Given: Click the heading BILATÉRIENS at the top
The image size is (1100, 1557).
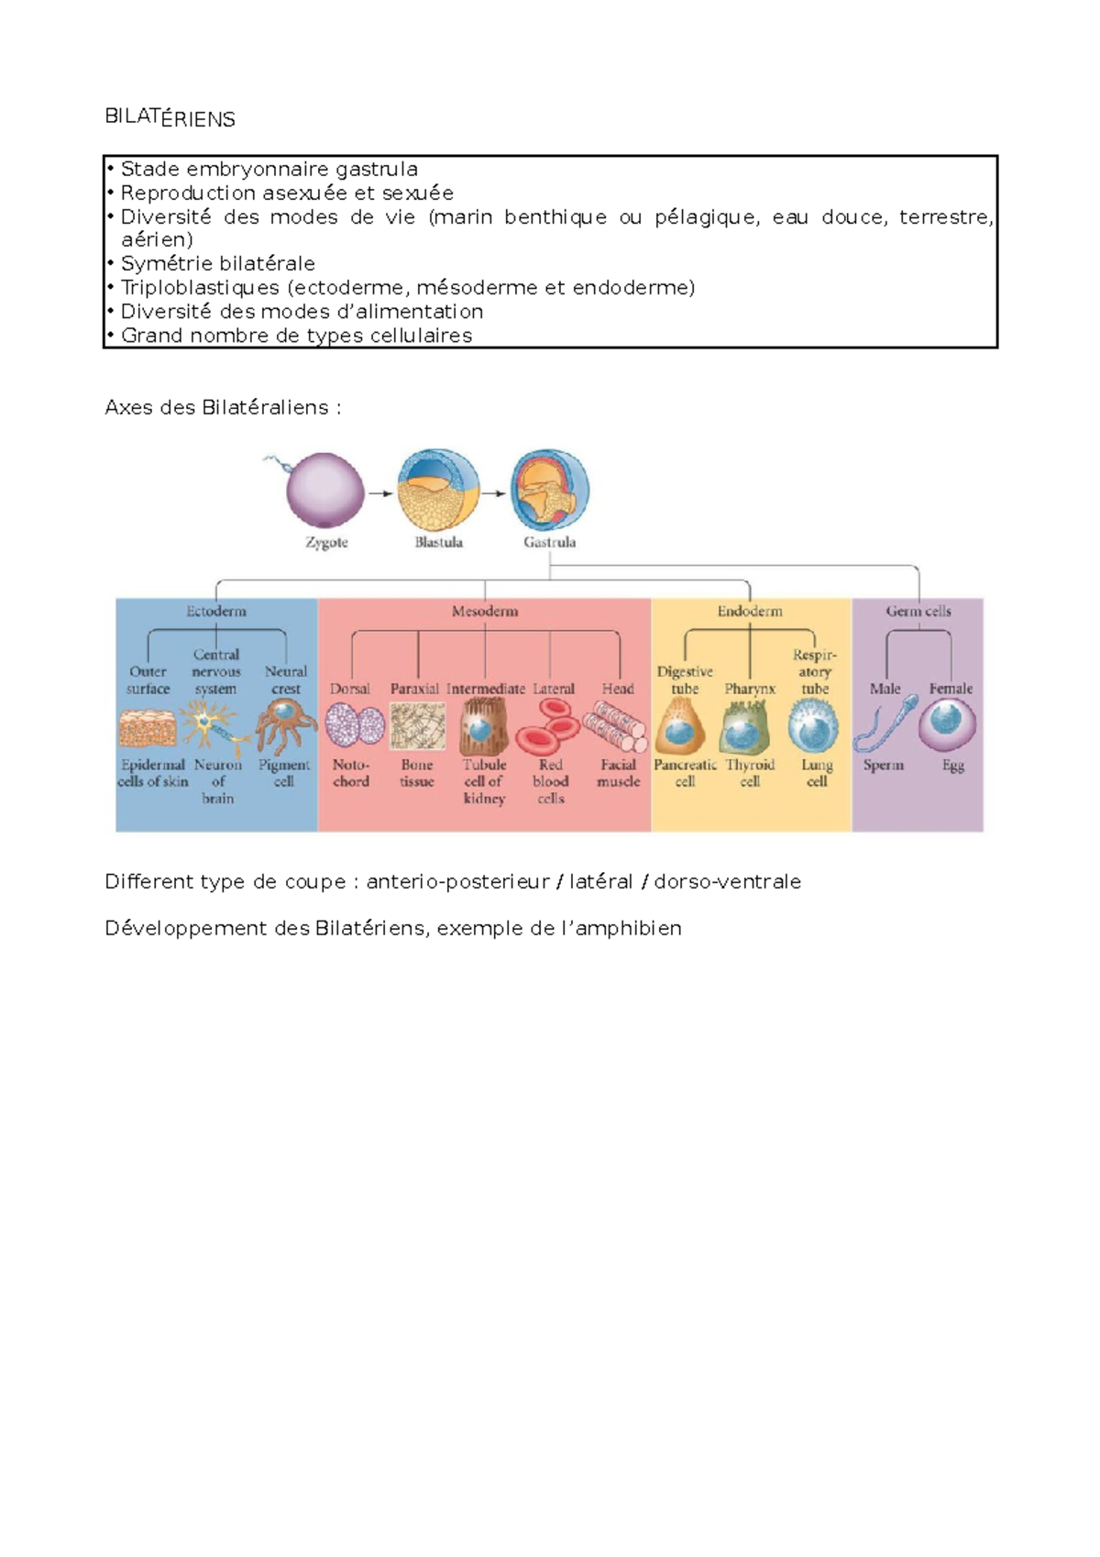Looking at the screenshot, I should [x=170, y=117].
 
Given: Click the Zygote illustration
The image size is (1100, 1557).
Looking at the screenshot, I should [x=324, y=490].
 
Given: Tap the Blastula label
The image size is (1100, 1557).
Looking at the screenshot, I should [x=438, y=542].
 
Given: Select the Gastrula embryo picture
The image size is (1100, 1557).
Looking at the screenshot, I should [x=550, y=490].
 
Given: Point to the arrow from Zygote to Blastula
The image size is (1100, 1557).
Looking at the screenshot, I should [x=379, y=493].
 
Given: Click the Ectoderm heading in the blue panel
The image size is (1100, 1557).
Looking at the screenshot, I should [x=216, y=611].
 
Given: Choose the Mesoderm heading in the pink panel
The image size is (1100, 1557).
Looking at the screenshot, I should [x=484, y=611].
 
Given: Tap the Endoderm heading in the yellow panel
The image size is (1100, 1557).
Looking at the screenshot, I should [x=750, y=611].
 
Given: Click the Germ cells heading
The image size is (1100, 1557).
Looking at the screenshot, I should [x=918, y=611].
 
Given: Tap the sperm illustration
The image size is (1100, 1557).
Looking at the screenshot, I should [x=885, y=724].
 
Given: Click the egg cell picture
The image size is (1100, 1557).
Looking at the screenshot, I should [x=947, y=724].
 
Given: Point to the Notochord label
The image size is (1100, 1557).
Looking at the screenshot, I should [x=351, y=773].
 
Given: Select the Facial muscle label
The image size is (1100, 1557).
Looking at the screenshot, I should [x=619, y=773].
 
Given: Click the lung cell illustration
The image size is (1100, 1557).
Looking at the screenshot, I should [x=813, y=725].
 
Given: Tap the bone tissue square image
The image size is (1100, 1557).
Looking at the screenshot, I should [x=417, y=726].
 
